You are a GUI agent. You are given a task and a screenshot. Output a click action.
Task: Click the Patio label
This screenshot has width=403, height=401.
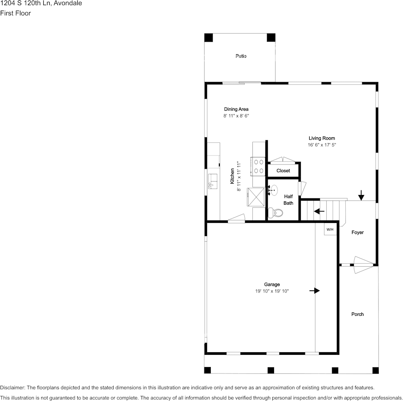pyautogui.click(x=241, y=56)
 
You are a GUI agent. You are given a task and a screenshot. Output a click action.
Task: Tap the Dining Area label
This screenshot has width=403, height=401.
pyautogui.click(x=236, y=109)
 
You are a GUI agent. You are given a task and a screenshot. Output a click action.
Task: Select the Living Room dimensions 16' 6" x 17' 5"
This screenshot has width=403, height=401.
pyautogui.click(x=322, y=145)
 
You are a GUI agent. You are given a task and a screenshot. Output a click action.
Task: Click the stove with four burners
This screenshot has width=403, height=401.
pyautogui.click(x=258, y=167)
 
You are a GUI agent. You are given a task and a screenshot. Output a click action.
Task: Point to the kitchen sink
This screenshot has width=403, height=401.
pyautogui.click(x=213, y=181)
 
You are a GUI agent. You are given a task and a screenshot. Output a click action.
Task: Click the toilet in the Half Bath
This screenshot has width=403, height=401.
pyautogui.click(x=275, y=213)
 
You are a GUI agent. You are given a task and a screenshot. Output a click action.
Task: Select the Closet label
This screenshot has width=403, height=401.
pyautogui.click(x=283, y=170)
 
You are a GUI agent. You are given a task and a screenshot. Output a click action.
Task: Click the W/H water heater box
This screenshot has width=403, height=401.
pyautogui.click(x=330, y=229)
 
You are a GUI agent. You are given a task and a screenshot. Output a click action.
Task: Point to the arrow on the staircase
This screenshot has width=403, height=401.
pyautogui.click(x=319, y=211)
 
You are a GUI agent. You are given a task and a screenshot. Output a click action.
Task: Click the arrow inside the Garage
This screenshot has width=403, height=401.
pyautogui.click(x=315, y=290)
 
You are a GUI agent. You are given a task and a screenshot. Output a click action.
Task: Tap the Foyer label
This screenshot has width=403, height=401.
pyautogui.click(x=358, y=232)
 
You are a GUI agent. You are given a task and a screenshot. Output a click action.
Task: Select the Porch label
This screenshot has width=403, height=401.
pyautogui.click(x=358, y=314)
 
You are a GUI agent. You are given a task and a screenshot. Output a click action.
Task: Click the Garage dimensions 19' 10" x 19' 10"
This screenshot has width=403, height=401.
pyautogui.click(x=272, y=291)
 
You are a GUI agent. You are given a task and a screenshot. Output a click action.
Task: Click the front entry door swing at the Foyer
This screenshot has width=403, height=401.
pyautogui.click(x=364, y=265)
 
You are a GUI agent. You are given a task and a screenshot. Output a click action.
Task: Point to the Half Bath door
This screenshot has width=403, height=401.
pyautogui.click(x=302, y=189)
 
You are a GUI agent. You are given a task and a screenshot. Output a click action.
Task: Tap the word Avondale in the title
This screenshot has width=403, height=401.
pyautogui.click(x=68, y=3)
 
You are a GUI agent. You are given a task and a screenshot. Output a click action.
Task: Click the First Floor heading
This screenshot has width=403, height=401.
pyautogui.click(x=15, y=13)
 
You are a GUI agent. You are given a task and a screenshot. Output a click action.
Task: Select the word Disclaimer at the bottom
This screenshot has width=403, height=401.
pyautogui.click(x=12, y=387)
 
